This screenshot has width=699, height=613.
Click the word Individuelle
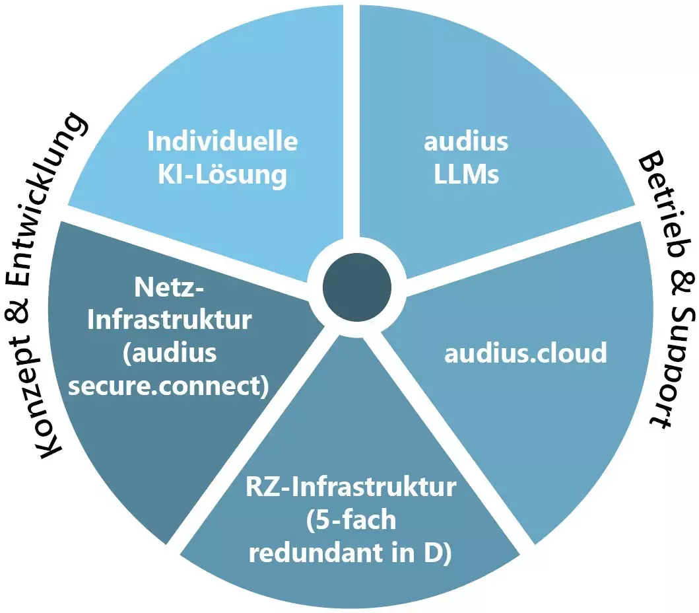[x=222, y=141]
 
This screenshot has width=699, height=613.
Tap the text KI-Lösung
[x=222, y=175]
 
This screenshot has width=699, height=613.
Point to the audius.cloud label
[x=525, y=353]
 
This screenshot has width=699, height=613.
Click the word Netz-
[x=169, y=287]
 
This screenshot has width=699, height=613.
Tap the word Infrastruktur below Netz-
[x=169, y=320]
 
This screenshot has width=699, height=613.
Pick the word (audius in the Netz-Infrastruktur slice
[x=169, y=353]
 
